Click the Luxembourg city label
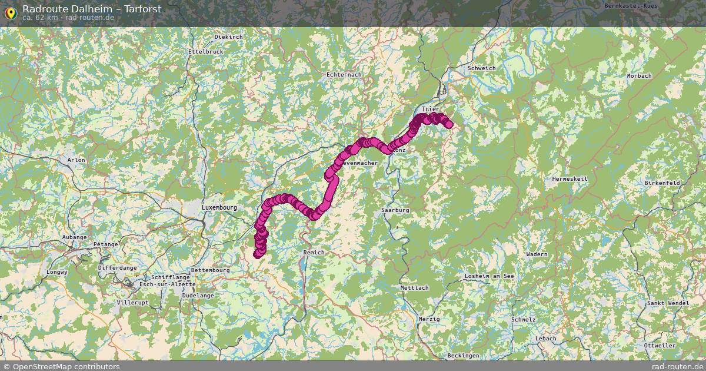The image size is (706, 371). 219,208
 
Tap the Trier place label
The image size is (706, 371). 431,110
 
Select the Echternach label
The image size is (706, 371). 344,75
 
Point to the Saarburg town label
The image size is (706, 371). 395,210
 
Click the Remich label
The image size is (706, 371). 314,252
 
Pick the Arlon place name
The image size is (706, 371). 76,160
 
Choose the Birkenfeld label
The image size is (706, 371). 662,183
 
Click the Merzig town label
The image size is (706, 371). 429,319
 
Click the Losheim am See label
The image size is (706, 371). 489,276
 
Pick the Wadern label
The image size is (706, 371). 537,254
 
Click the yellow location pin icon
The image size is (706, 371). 10,12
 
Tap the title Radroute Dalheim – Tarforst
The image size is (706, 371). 92,9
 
